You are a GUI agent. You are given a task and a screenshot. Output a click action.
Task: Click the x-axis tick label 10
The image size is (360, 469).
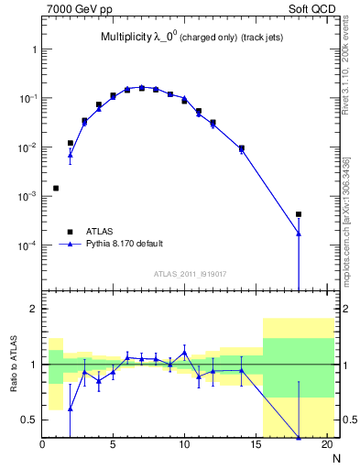tap(184, 446)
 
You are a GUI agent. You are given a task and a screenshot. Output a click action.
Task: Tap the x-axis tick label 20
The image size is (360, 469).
tap(326, 446)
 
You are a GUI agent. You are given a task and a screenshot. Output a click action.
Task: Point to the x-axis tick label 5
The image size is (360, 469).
tap(114, 446)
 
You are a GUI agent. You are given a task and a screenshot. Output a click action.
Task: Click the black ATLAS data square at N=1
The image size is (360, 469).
tap(56, 188)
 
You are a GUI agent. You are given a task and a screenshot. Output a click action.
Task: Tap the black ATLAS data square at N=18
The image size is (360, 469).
tap(299, 214)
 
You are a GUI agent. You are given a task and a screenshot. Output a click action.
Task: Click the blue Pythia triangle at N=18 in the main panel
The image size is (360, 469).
tap(299, 234)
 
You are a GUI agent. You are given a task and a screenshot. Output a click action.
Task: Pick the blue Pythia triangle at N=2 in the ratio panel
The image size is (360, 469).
tap(71, 409)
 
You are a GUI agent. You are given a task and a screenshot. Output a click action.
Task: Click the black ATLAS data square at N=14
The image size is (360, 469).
tap(242, 147)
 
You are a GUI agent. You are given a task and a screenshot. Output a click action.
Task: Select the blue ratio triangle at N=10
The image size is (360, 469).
tap(184, 353)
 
